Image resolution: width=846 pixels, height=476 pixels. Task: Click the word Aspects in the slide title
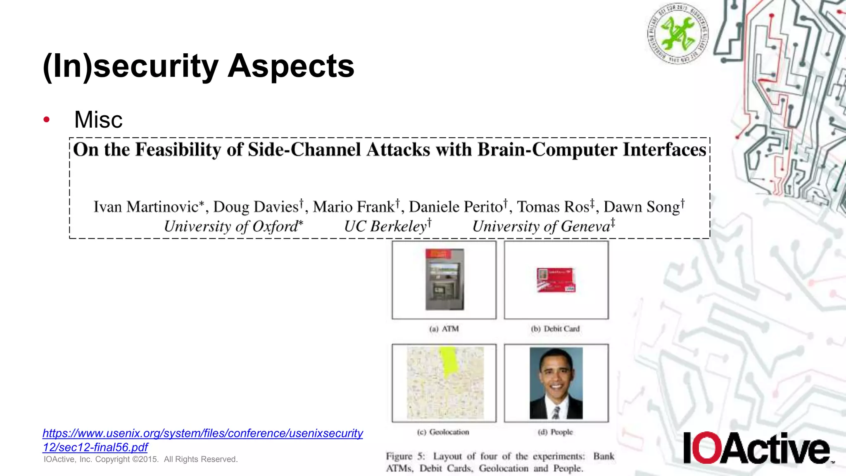pyautogui.click(x=291, y=66)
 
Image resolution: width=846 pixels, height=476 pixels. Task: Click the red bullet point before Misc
pyautogui.click(x=47, y=120)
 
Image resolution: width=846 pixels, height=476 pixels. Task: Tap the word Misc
pyautogui.click(x=98, y=120)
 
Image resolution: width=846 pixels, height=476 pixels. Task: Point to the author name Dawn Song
pyautogui.click(x=642, y=207)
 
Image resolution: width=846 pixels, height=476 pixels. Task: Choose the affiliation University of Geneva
pyautogui.click(x=542, y=226)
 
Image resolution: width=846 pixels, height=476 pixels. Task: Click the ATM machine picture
pyautogui.click(x=444, y=280)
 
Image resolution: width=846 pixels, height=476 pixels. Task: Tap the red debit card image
pyautogui.click(x=556, y=280)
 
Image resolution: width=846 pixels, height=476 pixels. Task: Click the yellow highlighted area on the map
pyautogui.click(x=448, y=360)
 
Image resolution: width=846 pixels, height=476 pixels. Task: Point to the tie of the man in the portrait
pyautogui.click(x=556, y=412)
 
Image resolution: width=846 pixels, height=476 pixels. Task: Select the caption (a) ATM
pyautogui.click(x=444, y=329)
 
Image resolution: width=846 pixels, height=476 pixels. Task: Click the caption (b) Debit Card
pyautogui.click(x=556, y=329)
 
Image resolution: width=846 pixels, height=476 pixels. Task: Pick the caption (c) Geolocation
pyautogui.click(x=443, y=432)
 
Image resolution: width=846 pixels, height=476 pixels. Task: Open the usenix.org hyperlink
pyautogui.click(x=202, y=433)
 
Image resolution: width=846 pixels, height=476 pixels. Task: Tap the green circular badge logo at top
pyautogui.click(x=677, y=33)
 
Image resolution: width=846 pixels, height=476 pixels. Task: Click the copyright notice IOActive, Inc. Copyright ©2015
pyautogui.click(x=140, y=459)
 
